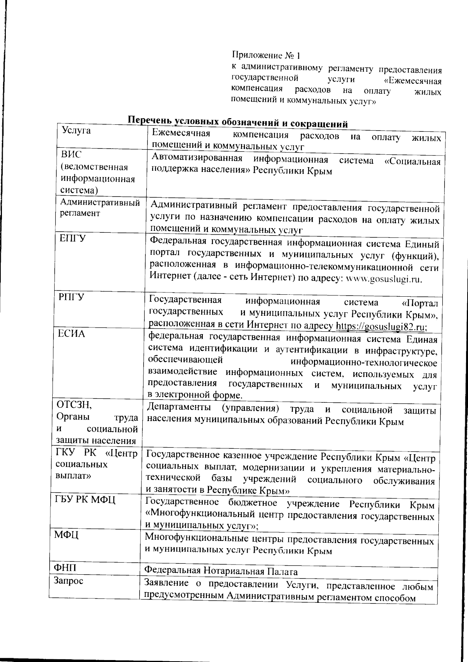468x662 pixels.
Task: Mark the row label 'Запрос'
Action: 68,581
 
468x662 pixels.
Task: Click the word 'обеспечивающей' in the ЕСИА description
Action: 185,359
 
